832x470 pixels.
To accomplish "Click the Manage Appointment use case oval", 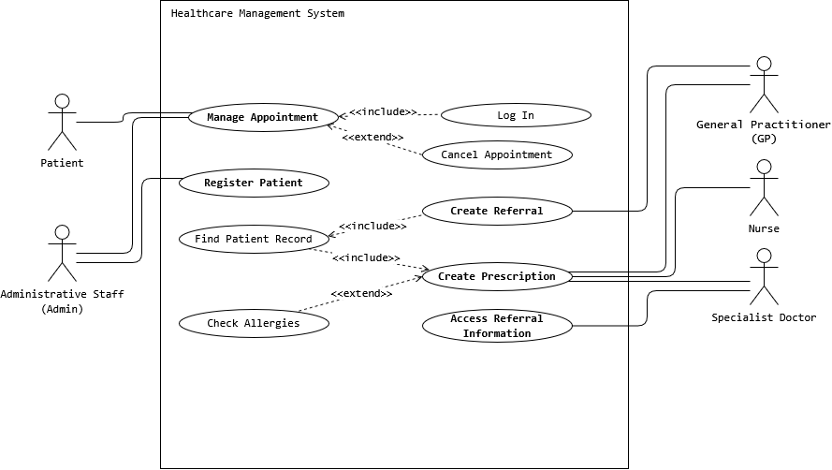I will (263, 117).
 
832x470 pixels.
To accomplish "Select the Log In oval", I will (516, 115).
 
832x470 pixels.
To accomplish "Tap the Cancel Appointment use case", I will (497, 154).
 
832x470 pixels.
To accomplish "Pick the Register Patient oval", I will (254, 183).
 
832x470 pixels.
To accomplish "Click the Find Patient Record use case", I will (254, 239).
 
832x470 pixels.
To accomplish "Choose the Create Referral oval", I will (497, 211).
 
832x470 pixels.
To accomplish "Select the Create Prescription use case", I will (497, 276).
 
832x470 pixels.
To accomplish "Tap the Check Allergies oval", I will (254, 323).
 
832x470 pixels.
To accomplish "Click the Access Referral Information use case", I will (497, 326).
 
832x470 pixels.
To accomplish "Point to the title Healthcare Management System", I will (257, 13).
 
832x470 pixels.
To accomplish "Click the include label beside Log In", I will (383, 112).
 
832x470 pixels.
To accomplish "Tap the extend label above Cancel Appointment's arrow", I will (372, 138).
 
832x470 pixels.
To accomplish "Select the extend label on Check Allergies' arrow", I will (361, 294).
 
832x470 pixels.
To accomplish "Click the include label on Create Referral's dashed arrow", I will (372, 226).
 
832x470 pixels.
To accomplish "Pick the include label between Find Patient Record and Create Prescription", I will (366, 257).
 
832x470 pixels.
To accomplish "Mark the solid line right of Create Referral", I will (599, 211).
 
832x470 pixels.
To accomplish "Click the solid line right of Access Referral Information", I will (599, 326).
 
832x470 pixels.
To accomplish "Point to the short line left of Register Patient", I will (169, 178).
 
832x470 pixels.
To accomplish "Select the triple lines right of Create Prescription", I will (599, 276).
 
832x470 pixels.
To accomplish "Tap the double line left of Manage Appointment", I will (175, 115).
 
